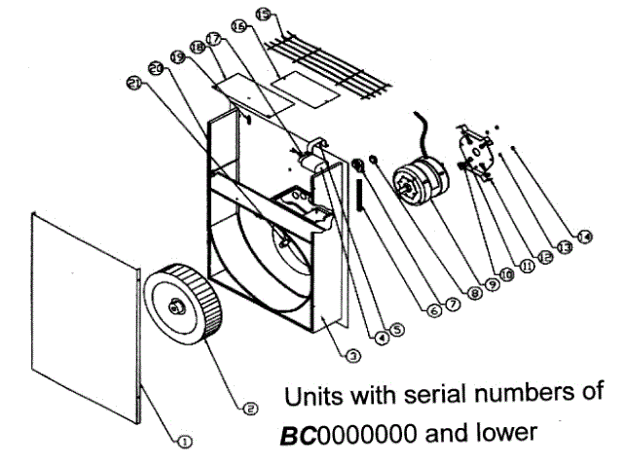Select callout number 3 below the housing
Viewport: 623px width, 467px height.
[x=352, y=356]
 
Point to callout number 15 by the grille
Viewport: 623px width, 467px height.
[x=263, y=14]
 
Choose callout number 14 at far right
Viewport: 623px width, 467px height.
[x=584, y=234]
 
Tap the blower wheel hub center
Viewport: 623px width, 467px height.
[x=177, y=306]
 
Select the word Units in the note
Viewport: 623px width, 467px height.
[x=311, y=399]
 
